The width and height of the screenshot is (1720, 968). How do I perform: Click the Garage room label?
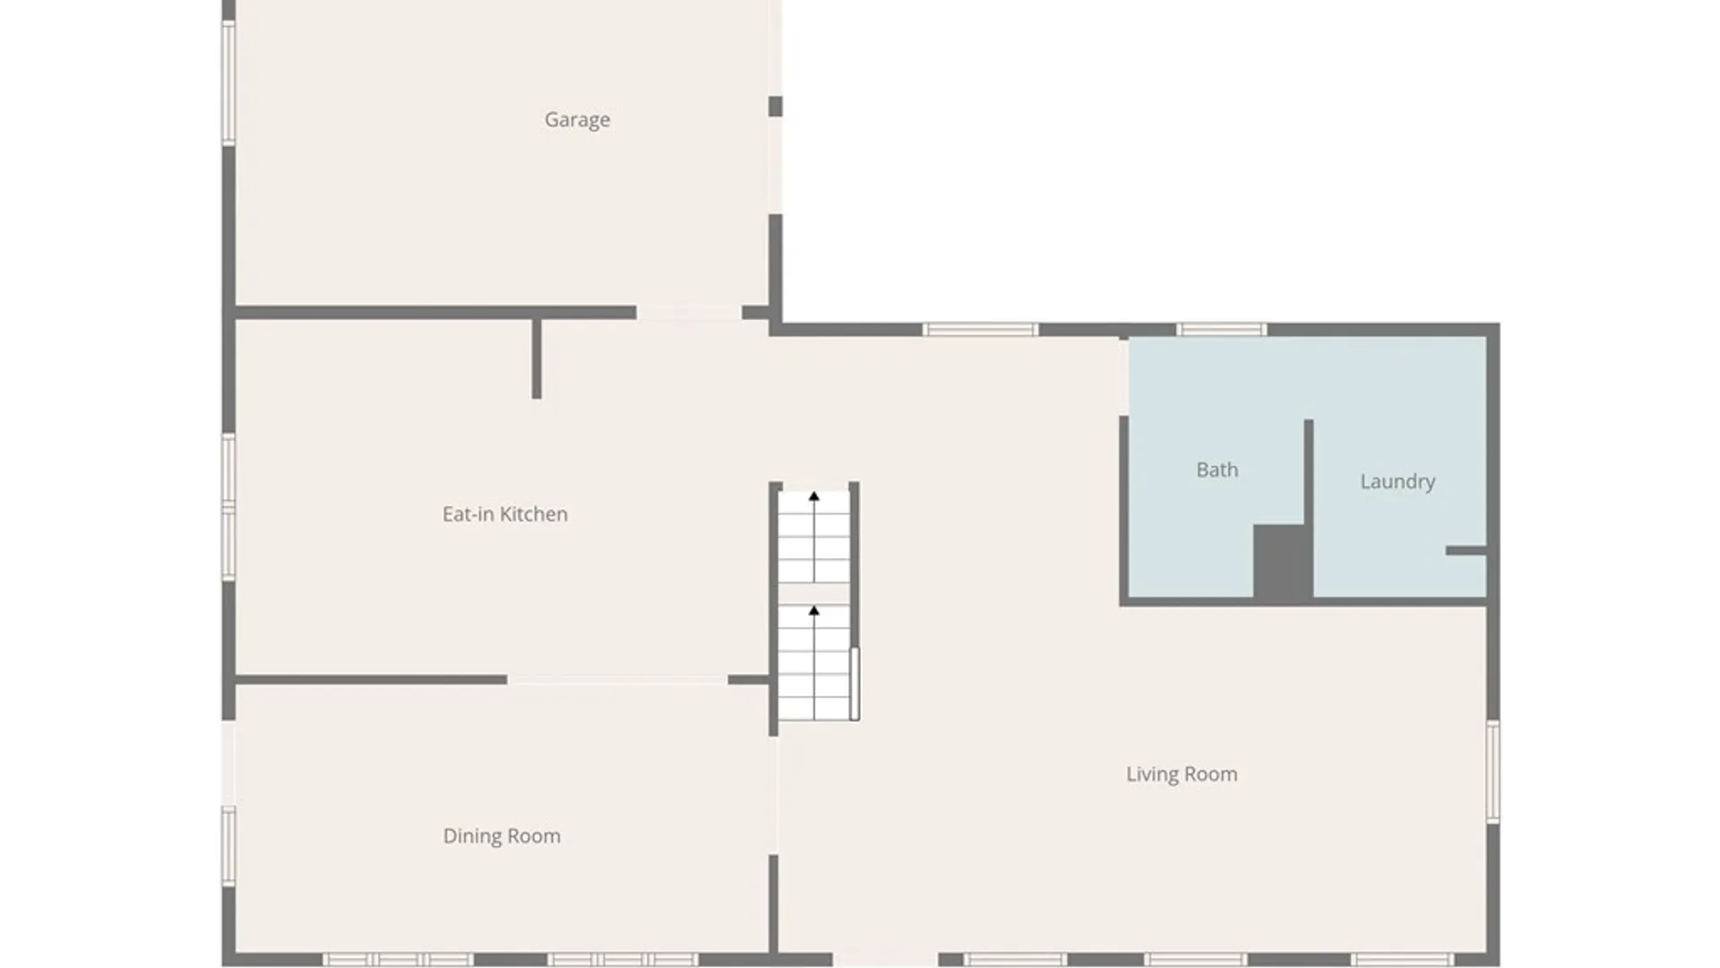pos(577,120)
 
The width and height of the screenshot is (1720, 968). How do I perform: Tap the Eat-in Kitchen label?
pos(505,514)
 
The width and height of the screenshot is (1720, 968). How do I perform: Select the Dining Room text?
pos(502,836)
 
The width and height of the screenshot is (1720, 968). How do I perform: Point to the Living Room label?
pos(1182,774)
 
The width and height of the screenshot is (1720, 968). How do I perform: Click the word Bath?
pos(1217,470)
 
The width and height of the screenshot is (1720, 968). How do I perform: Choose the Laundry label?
pos(1397,482)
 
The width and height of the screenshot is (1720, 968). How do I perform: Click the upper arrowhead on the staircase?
pos(814,496)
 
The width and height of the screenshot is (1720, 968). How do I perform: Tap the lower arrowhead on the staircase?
pos(814,610)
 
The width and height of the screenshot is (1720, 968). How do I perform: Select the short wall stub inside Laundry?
pos(1466,550)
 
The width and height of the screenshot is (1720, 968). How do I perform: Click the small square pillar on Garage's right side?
pos(776,106)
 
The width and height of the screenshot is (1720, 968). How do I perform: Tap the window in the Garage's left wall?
pos(229,82)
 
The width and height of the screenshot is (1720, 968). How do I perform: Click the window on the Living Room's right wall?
pos(1493,772)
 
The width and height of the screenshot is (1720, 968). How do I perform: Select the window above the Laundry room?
pos(1221,330)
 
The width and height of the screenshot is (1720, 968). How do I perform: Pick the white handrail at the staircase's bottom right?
pos(855,683)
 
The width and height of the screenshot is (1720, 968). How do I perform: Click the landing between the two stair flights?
pos(813,593)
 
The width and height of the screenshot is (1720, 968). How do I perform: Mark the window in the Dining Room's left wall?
pos(229,846)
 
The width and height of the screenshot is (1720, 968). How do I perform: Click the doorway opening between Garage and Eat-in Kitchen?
pos(689,313)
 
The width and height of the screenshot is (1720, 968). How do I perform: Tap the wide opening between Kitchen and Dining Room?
pos(617,680)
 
